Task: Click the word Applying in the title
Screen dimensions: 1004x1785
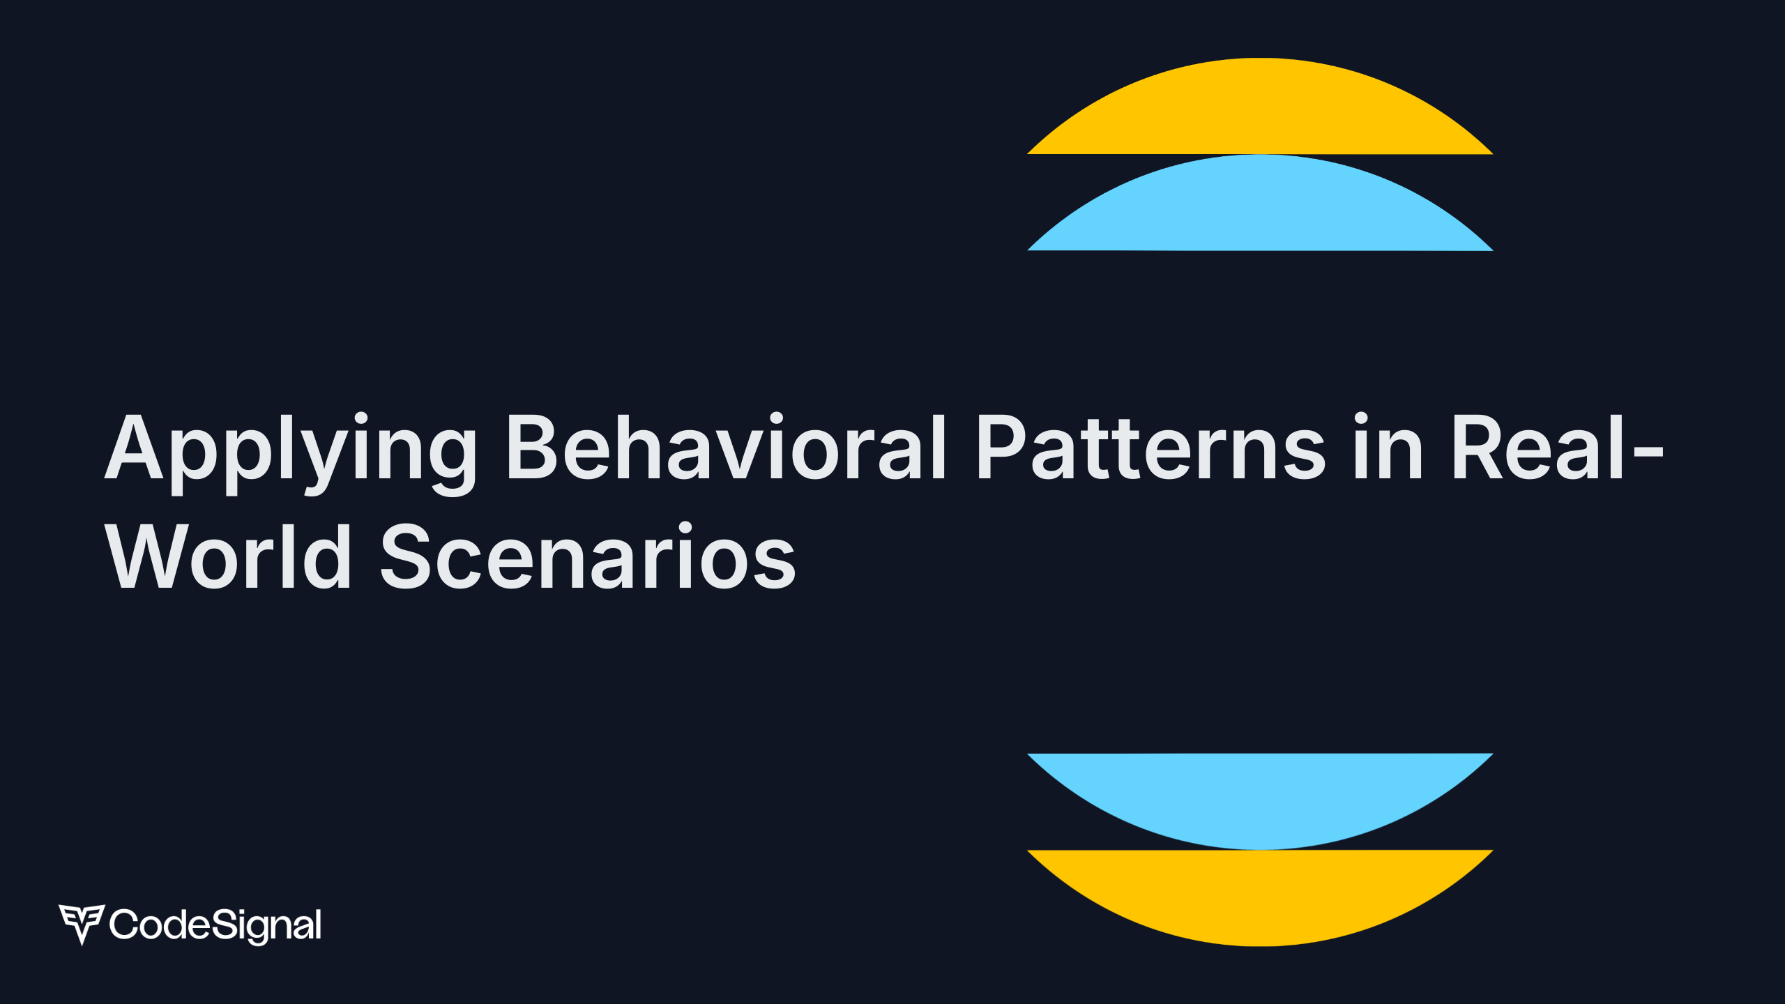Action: [289, 450]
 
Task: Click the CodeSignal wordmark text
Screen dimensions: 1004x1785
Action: [215, 925]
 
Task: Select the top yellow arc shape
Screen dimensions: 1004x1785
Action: [1260, 112]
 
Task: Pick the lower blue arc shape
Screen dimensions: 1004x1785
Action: [1260, 795]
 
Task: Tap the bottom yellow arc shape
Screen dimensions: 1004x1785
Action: [1260, 892]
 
